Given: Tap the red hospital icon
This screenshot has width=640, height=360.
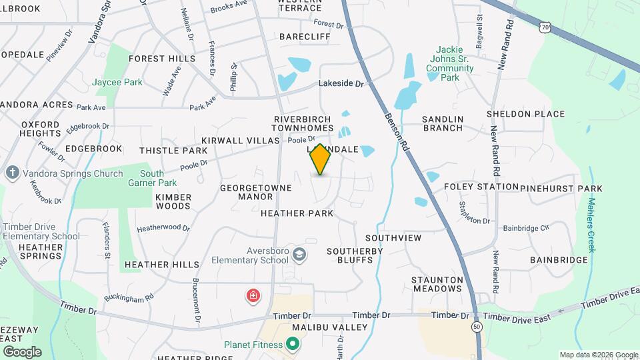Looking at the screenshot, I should [x=253, y=295].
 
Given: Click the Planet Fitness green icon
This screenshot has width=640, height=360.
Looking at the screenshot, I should [x=292, y=345].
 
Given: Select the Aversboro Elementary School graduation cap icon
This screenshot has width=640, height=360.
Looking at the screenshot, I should [x=300, y=253].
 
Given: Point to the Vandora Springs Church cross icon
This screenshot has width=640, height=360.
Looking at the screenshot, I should [x=11, y=173].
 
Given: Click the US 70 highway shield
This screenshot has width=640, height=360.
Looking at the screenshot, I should [x=545, y=27].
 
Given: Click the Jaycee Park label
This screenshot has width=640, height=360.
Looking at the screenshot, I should [x=118, y=82].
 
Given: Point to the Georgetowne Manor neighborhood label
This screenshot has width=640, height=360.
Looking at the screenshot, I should [x=256, y=193].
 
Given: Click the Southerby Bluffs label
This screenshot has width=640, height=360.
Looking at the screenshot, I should [x=355, y=255].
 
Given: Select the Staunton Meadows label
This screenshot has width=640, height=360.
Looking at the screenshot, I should [x=437, y=284].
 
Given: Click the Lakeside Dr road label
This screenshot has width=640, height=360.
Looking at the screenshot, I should [x=341, y=84].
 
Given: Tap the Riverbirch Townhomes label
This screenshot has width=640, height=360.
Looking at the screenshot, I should [x=303, y=123].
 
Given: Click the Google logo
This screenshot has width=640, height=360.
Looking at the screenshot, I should [x=22, y=352].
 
